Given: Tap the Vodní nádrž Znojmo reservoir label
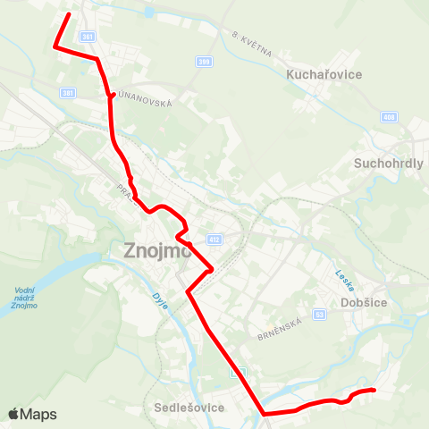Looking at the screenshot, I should (x=25, y=299).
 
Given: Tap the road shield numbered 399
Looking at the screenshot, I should (x=204, y=60).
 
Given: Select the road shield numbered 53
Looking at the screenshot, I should (x=319, y=315).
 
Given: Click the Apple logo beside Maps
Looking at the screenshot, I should (x=14, y=414).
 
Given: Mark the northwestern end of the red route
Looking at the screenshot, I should (x=69, y=14).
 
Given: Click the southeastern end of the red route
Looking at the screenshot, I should (x=373, y=391).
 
